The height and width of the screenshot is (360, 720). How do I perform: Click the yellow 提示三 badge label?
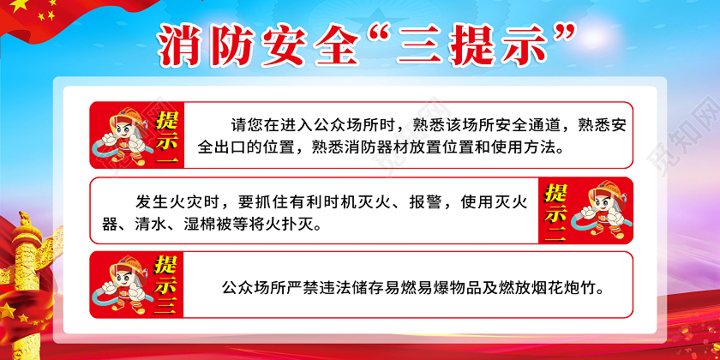(x=163, y=284)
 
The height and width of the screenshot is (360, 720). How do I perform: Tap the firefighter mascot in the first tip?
(x=119, y=135)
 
